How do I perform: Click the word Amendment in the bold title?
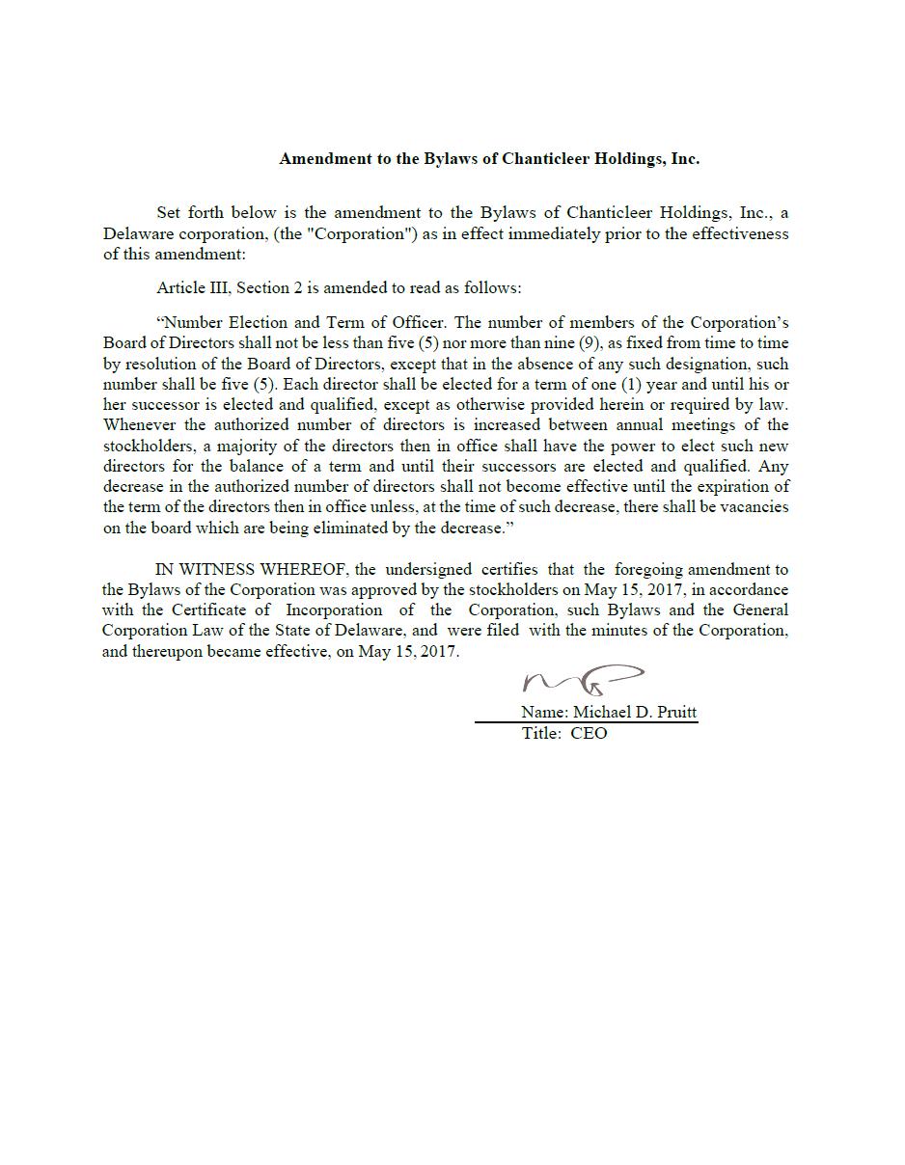[317, 159]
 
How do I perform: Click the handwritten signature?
[583, 680]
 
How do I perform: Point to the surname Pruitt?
[676, 713]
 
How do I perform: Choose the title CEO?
[589, 734]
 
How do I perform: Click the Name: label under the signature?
[544, 713]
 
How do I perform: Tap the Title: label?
[541, 734]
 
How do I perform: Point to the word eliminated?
[379, 528]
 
